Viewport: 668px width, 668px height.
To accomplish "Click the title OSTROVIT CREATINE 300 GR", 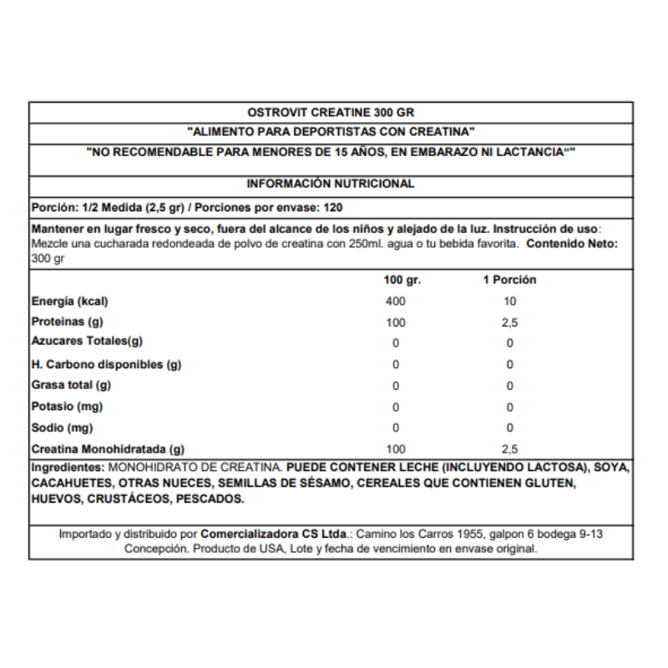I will tap(331, 112).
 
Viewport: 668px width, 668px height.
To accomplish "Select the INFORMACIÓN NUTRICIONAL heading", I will tap(331, 184).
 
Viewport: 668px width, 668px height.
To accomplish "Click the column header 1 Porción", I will tap(509, 280).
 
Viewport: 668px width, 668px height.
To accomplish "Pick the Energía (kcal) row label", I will tap(69, 301).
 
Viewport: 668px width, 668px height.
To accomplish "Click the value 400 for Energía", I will tap(396, 301).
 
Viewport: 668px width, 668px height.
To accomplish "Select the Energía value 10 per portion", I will tap(509, 301).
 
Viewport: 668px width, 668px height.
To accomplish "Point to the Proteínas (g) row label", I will tap(67, 322).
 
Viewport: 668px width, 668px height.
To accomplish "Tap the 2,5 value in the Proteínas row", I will tap(509, 322).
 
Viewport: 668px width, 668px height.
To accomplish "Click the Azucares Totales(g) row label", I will tap(87, 342).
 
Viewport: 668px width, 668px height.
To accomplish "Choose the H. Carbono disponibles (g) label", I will tap(106, 364).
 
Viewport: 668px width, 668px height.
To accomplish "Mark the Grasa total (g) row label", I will tap(71, 385).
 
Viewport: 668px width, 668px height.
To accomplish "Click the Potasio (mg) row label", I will tap(67, 407).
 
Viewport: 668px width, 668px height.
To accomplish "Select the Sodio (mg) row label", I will tap(62, 428).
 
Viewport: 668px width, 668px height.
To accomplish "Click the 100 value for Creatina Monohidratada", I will tap(396, 448).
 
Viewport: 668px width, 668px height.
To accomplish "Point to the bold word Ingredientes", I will tap(67, 466).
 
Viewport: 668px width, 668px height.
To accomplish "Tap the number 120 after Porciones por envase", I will tap(332, 207).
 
